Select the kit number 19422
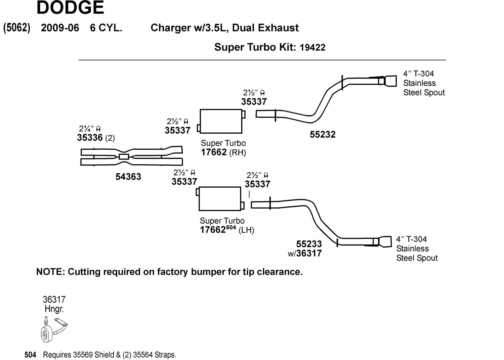[x=312, y=47]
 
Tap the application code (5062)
[x=17, y=28]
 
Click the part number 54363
[x=128, y=177]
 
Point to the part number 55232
[x=323, y=135]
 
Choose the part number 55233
[x=309, y=244]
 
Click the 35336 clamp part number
[x=90, y=138]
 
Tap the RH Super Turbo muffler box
[x=221, y=121]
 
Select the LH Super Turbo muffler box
[x=220, y=199]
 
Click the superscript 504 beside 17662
[x=231, y=227]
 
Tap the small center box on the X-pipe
[x=124, y=156]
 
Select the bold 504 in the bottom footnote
[x=30, y=355]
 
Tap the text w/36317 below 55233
[x=305, y=254]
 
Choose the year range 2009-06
[x=60, y=28]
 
